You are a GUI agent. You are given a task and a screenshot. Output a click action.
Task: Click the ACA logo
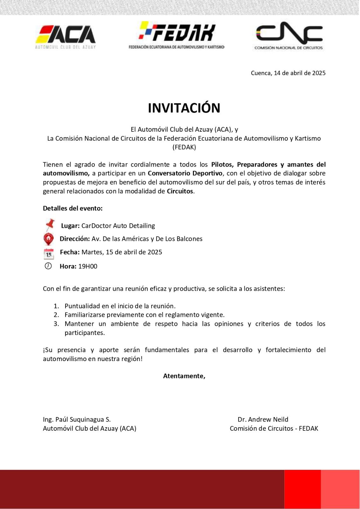point(66,37)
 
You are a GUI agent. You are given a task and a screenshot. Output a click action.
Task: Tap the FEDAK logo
point(177,35)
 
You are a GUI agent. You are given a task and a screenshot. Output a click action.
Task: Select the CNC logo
point(289,36)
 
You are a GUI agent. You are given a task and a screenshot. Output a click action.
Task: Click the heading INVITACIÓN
point(184,108)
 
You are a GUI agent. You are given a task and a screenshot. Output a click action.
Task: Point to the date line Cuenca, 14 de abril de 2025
point(288,73)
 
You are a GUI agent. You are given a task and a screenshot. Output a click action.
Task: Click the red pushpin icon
point(50,225)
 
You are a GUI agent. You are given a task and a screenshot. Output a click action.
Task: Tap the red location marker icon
point(48,239)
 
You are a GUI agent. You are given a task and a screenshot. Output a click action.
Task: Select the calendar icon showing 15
point(49,254)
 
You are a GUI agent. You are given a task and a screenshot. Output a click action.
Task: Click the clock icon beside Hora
point(48,266)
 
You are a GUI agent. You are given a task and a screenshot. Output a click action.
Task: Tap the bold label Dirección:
point(75,239)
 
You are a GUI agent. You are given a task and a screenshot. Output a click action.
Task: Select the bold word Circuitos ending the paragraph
point(180,191)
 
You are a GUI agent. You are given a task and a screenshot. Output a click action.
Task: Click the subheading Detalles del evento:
point(73,208)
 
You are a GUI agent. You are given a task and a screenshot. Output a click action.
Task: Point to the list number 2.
point(56,315)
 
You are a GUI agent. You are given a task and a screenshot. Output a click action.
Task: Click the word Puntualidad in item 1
point(82,306)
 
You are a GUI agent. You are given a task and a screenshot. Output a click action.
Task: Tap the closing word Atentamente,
point(184,376)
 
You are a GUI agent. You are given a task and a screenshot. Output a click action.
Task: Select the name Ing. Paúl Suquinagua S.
point(77,419)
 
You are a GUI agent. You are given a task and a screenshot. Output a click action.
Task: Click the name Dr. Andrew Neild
point(263,419)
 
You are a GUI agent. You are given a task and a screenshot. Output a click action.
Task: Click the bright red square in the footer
point(302,489)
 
